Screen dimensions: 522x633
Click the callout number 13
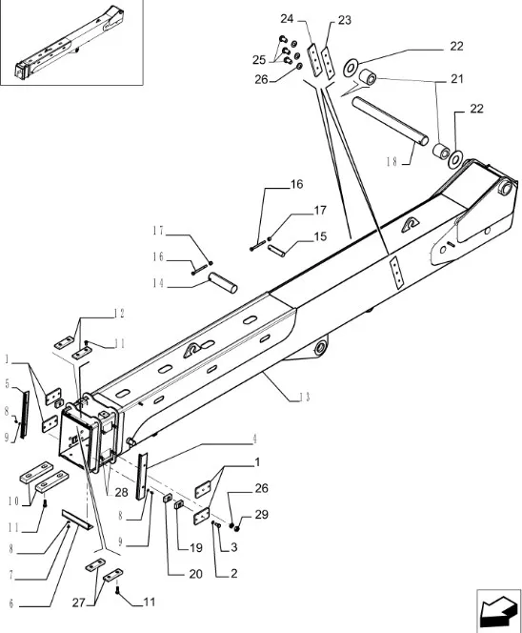pos(305,398)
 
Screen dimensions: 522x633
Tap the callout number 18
pos(391,162)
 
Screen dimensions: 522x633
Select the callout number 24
pos(287,18)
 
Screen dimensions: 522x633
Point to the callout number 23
pos(345,20)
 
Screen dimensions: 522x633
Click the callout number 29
pos(261,515)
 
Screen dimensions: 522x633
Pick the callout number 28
pos(121,492)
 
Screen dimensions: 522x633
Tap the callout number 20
pos(195,574)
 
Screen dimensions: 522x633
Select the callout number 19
pos(195,548)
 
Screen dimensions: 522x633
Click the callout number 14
pos(158,283)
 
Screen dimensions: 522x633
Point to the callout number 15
pos(320,236)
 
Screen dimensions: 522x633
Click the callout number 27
pos(79,602)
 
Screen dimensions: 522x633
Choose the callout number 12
pos(119,314)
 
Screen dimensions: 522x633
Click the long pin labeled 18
pos(391,120)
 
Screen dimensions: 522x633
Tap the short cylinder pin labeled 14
pos(222,282)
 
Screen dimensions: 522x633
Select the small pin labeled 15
pos(276,251)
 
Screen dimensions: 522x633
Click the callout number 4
pos(254,439)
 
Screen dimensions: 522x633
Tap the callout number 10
pos(13,501)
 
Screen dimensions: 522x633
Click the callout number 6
pos(10,603)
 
